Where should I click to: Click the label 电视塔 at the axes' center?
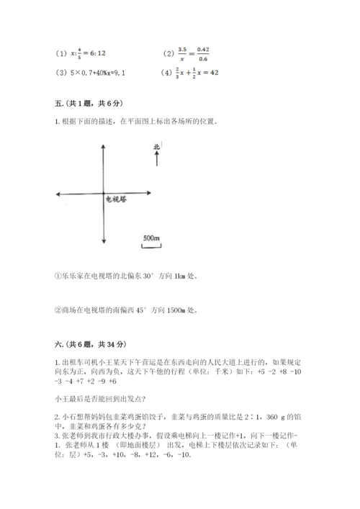point(114,199)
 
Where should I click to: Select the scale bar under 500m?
point(151,247)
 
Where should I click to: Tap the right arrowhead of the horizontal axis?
point(150,193)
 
